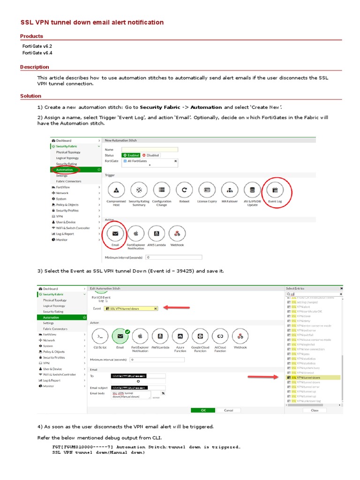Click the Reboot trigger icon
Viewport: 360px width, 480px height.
coord(185,190)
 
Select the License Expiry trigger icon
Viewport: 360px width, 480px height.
coord(207,190)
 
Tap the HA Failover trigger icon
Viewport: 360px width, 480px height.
coord(230,190)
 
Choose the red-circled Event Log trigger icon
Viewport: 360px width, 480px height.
coord(275,190)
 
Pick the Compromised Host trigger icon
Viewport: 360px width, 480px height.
coord(116,190)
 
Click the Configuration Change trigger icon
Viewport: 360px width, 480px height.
coord(162,190)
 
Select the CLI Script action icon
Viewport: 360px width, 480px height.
coord(100,336)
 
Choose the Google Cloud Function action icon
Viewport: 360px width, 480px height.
coord(200,336)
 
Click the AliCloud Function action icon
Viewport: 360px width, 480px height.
coord(220,336)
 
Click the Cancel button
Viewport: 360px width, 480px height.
coord(228,410)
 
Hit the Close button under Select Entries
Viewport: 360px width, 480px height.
coord(315,410)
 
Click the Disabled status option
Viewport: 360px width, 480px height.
coord(150,155)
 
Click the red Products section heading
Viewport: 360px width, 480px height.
coord(31,36)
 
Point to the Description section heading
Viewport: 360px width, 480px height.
coord(35,67)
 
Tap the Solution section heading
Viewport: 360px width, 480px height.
coord(30,96)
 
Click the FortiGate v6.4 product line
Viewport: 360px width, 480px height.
coord(37,53)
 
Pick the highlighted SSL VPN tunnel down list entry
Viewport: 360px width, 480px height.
coord(307,377)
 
